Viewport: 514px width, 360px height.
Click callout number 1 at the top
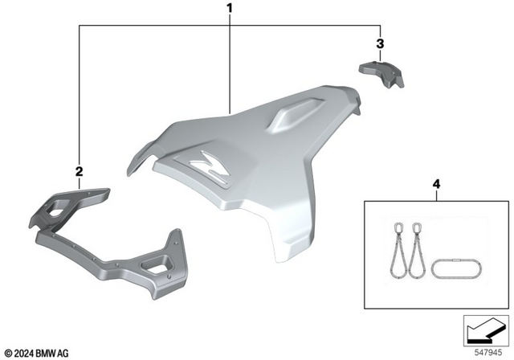(230, 9)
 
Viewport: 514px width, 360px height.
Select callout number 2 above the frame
(79, 170)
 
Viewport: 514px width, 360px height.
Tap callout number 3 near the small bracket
(381, 43)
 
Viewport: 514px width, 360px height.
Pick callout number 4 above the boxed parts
(436, 185)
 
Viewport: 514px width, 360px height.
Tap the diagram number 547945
(484, 351)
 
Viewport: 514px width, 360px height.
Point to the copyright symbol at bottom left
(8, 352)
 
